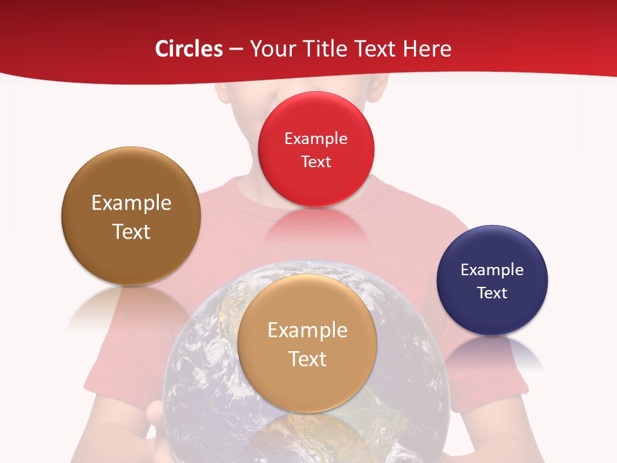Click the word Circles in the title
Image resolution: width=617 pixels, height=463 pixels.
[x=188, y=49]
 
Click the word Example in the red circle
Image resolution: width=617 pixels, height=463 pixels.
[x=316, y=139]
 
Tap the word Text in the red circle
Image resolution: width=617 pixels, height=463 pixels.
[x=316, y=162]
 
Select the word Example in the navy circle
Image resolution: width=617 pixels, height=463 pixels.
[x=492, y=270]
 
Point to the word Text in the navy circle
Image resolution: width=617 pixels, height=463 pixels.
[x=492, y=293]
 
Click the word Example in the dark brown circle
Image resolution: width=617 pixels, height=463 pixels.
[x=131, y=203]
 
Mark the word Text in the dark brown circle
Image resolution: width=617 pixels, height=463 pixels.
[x=131, y=232]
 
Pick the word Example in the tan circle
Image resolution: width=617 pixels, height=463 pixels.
[x=307, y=331]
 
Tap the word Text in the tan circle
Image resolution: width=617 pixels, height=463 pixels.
[x=307, y=359]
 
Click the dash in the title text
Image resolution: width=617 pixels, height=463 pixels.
[x=235, y=50]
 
